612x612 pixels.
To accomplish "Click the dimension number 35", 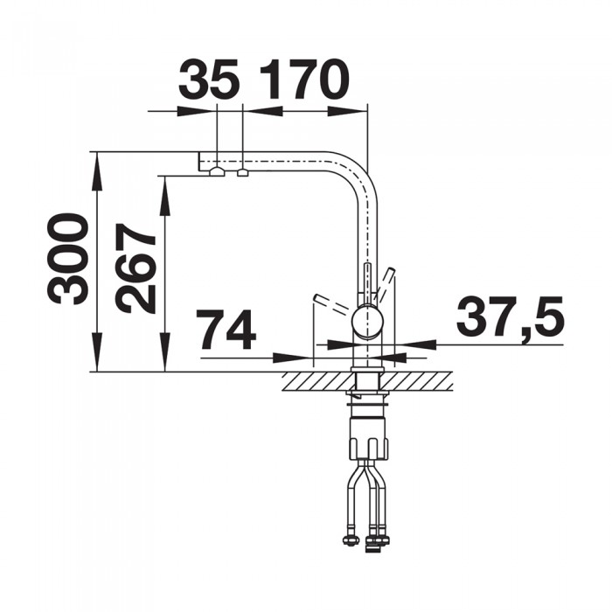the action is click(208, 80).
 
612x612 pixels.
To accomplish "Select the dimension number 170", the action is click(304, 80).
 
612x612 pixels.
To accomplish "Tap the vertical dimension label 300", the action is click(66, 259).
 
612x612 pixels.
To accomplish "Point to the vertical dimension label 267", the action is click(136, 269).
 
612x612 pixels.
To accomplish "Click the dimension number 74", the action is click(226, 330).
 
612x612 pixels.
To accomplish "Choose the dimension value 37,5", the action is click(510, 316).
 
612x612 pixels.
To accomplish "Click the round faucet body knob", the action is click(367, 322).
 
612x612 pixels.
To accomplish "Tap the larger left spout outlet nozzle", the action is click(217, 171).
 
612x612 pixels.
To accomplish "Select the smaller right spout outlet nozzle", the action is click(243, 172).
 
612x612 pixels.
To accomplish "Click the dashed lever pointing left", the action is click(331, 304).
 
